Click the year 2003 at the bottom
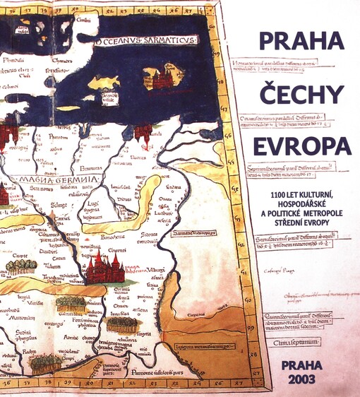tap(302, 379)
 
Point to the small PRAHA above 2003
tap(302, 365)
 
